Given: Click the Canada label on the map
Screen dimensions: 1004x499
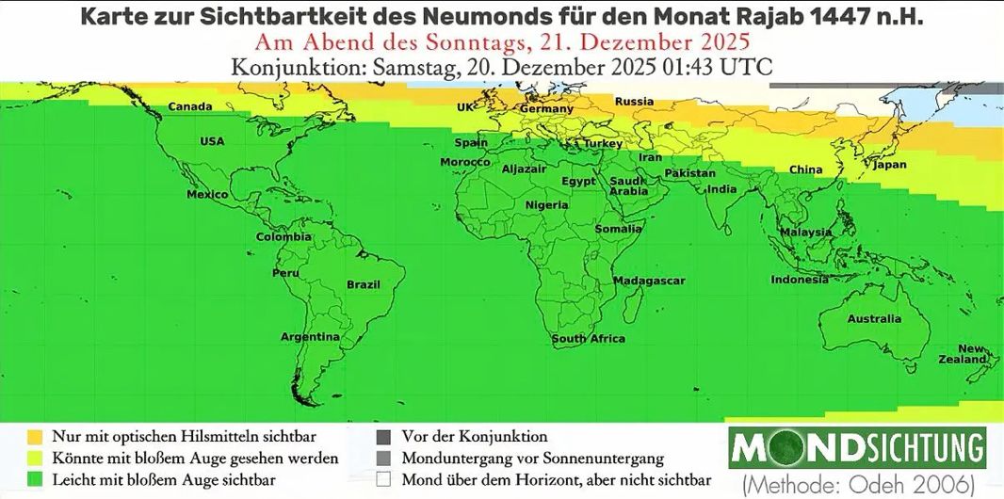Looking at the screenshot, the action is [x=189, y=106].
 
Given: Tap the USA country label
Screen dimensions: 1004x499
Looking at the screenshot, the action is [x=212, y=141].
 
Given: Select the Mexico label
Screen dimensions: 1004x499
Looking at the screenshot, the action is [x=207, y=195].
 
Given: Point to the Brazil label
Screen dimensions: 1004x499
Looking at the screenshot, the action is [x=364, y=284].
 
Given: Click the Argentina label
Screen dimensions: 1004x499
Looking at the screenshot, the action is [x=310, y=337].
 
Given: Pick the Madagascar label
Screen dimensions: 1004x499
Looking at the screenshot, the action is [x=649, y=282].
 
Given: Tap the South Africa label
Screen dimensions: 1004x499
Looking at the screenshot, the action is [x=588, y=339].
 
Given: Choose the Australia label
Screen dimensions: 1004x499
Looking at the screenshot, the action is [x=874, y=319].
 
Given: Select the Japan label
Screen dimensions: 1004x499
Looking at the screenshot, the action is [x=890, y=165].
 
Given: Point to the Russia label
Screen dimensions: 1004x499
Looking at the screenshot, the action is [x=634, y=102].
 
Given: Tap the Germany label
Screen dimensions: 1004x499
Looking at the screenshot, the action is [x=546, y=109].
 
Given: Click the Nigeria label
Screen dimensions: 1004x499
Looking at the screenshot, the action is [x=546, y=205].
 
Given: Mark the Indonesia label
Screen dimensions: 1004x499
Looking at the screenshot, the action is [x=800, y=280].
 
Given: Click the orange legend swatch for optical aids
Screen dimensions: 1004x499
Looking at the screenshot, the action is [x=34, y=437].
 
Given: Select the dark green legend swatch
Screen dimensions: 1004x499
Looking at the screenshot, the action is [x=34, y=478].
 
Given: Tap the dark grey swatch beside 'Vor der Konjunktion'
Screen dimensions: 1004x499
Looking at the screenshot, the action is [x=382, y=437].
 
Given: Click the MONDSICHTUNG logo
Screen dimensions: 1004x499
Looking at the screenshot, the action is [x=857, y=447].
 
